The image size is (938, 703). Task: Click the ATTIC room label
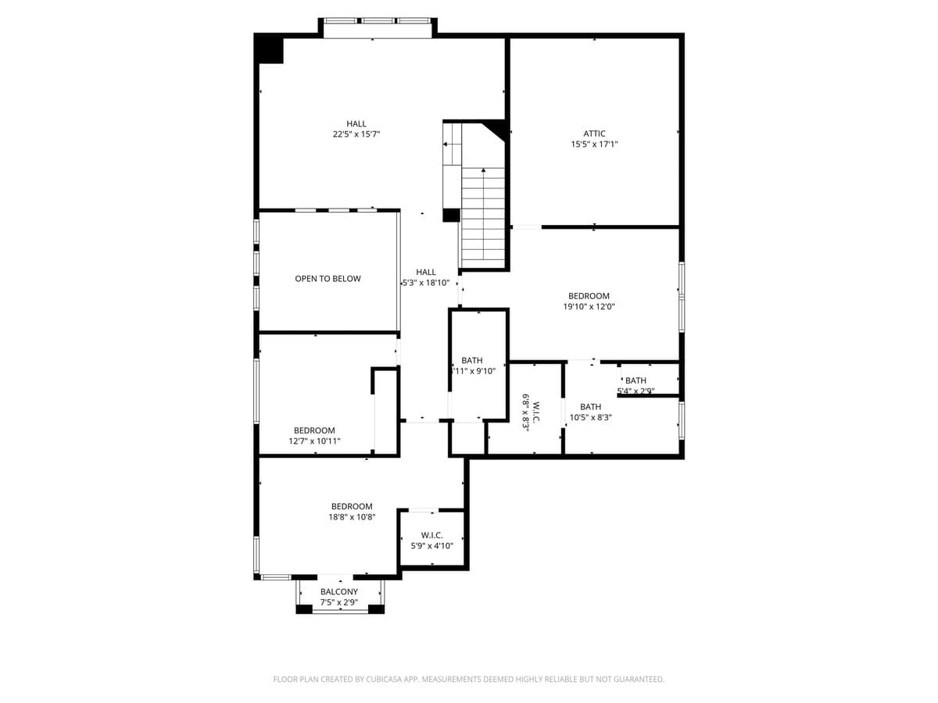pyautogui.click(x=594, y=134)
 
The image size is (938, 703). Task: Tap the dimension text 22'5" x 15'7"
pyautogui.click(x=356, y=134)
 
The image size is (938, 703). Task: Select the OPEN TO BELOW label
pyautogui.click(x=328, y=279)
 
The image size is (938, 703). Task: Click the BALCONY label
pyautogui.click(x=339, y=592)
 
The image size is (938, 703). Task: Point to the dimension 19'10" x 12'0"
pyautogui.click(x=589, y=307)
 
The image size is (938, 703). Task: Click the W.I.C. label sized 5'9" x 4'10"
pyautogui.click(x=432, y=535)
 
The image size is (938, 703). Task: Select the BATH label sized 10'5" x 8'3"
pyautogui.click(x=591, y=407)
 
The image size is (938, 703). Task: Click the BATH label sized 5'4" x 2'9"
pyautogui.click(x=635, y=380)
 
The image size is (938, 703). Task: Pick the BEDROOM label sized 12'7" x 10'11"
pyautogui.click(x=314, y=430)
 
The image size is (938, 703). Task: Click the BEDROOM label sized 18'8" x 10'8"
pyautogui.click(x=352, y=506)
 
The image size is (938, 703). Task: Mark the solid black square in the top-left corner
pyautogui.click(x=270, y=50)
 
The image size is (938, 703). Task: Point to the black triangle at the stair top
pyautogui.click(x=497, y=128)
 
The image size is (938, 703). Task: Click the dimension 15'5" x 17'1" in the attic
pyautogui.click(x=594, y=145)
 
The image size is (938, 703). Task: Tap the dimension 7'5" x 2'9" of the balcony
pyautogui.click(x=339, y=603)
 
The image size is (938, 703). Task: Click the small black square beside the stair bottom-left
pyautogui.click(x=450, y=216)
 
